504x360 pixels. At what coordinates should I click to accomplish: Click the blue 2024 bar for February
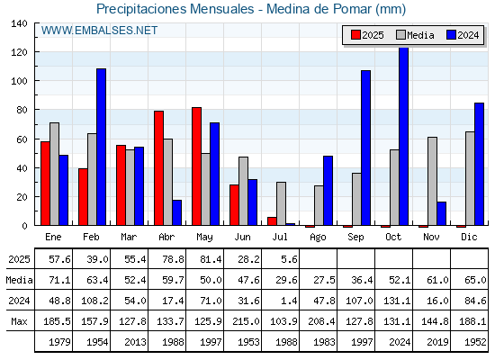coord(101,147)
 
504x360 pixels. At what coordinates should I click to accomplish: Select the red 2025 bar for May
coord(197,166)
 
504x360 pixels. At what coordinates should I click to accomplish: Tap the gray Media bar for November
coord(432,181)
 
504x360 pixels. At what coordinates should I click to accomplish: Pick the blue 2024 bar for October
coord(404,136)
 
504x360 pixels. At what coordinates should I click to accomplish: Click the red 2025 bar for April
coord(158,168)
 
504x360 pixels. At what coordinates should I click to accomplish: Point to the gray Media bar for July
coord(281,203)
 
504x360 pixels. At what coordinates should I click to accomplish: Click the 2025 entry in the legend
coord(367,35)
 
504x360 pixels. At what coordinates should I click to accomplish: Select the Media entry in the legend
coord(415,35)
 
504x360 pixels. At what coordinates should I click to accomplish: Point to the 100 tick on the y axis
coord(36,81)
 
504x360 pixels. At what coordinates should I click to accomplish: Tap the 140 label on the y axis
coord(19,23)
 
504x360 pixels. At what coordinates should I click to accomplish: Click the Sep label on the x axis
coord(355,238)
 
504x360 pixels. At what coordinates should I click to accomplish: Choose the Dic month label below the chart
coord(469,237)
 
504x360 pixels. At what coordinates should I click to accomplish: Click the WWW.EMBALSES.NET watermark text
coord(99,31)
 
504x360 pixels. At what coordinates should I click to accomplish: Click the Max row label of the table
coord(19,321)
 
